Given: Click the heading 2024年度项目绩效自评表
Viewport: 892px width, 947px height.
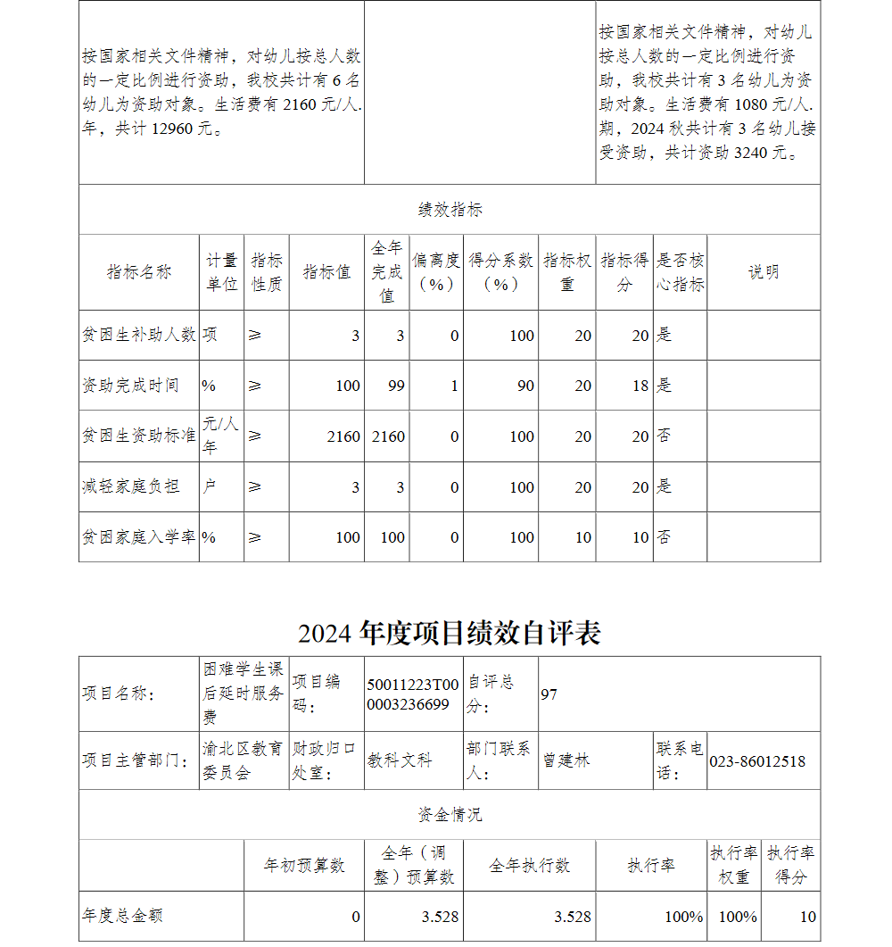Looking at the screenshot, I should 450,632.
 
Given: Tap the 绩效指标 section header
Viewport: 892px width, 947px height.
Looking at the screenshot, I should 450,210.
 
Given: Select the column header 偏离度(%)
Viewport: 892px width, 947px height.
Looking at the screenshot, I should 436,272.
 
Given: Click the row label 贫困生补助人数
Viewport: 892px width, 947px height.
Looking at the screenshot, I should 138,335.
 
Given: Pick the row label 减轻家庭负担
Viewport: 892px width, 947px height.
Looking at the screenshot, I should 130,486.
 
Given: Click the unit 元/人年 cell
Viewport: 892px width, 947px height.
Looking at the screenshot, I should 220,435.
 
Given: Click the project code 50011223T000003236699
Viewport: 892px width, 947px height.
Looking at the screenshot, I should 413,694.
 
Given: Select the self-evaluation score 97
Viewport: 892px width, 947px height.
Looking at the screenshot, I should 549,694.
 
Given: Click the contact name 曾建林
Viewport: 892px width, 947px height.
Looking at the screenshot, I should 566,761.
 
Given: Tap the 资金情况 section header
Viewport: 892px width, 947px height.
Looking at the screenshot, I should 450,814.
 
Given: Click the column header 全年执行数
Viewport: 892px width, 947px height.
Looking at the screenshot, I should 529,866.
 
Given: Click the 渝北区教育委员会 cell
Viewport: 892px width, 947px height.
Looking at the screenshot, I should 243,760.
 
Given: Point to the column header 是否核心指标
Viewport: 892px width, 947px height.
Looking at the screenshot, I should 681,272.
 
